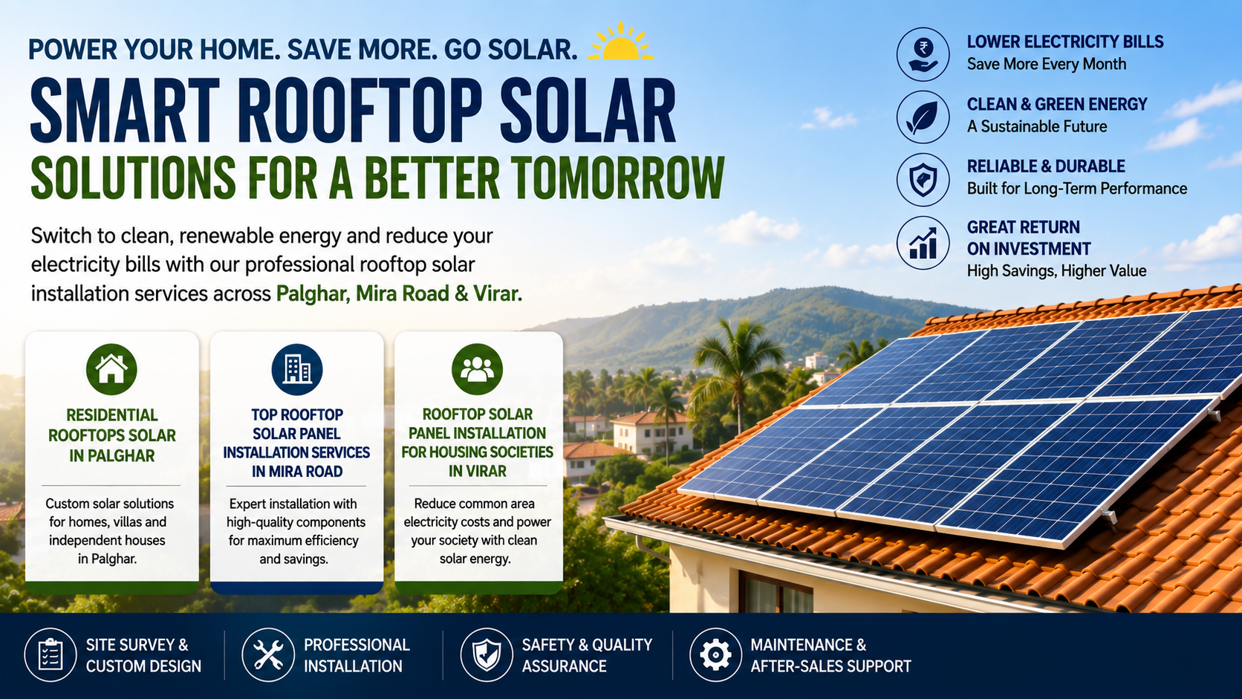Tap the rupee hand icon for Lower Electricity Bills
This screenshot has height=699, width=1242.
923,54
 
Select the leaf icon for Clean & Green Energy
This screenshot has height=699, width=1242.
923,117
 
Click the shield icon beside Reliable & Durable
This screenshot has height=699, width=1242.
923,180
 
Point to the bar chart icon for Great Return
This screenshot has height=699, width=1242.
923,243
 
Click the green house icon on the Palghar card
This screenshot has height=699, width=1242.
111,369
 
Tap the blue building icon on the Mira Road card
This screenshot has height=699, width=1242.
296,369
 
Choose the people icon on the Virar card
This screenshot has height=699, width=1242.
477,369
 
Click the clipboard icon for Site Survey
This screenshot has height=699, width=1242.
50,654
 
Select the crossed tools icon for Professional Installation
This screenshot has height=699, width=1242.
268,654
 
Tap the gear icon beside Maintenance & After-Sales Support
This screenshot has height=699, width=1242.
715,654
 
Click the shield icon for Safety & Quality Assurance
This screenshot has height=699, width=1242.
487,654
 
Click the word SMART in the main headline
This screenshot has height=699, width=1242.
126,111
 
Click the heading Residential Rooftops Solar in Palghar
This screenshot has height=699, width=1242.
111,435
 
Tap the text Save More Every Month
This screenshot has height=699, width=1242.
1047,65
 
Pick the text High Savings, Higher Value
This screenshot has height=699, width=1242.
1056,270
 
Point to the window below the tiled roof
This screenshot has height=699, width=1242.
776,593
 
